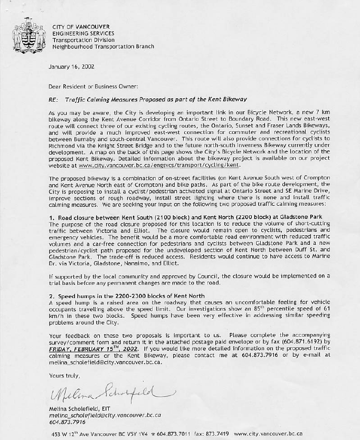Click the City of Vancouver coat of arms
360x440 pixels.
click(x=25, y=35)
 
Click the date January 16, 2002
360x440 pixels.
click(x=71, y=68)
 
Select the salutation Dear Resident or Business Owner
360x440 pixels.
click(x=93, y=86)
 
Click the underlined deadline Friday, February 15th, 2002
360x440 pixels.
click(x=93, y=349)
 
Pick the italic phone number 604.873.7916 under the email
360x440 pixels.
click(x=68, y=422)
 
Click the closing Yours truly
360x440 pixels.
click(x=64, y=376)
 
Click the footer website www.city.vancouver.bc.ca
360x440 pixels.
click(x=268, y=434)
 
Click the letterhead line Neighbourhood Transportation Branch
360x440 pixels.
click(x=103, y=46)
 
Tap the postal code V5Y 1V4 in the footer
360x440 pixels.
click(x=135, y=434)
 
